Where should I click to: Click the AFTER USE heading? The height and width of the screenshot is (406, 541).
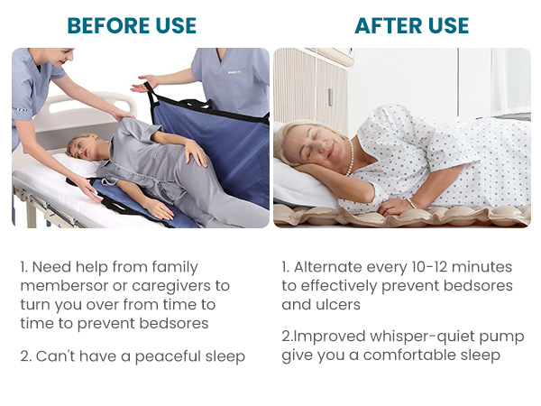coord(411,24)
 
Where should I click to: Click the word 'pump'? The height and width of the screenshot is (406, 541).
coord(503,337)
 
